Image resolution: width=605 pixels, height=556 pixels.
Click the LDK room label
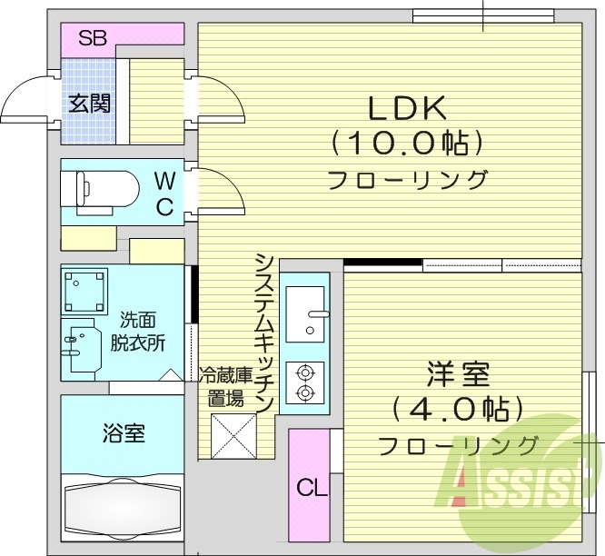point(406,108)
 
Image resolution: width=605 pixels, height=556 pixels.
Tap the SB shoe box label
point(93,38)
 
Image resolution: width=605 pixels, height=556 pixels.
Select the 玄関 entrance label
point(90,103)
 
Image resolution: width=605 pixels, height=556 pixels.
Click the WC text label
point(164,193)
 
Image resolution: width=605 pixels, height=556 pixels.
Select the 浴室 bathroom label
point(123,432)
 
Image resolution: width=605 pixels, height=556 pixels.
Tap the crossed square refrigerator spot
point(233,436)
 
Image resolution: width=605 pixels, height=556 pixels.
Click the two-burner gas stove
point(304,382)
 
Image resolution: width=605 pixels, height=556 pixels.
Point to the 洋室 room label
point(459,372)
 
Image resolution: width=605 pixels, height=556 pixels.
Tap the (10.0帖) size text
point(405,143)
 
